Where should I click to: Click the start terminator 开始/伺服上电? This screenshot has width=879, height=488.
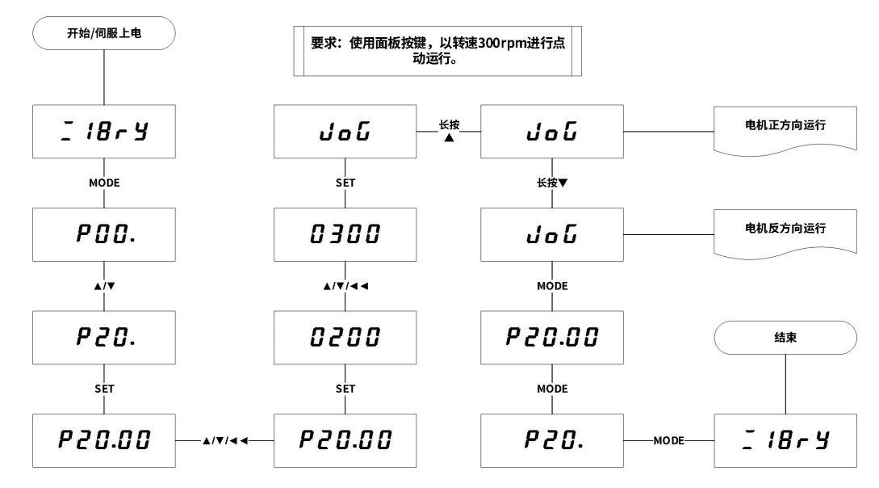(x=103, y=34)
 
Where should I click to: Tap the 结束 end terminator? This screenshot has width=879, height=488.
(x=785, y=339)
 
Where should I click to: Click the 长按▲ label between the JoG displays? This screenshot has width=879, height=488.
(x=448, y=131)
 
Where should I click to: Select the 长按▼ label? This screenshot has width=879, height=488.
(x=552, y=183)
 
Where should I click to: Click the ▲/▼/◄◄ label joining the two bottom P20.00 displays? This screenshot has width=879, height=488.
(x=224, y=441)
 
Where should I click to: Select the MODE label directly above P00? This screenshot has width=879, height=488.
(x=103, y=183)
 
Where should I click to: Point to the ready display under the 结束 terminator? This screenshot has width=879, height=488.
(x=785, y=441)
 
